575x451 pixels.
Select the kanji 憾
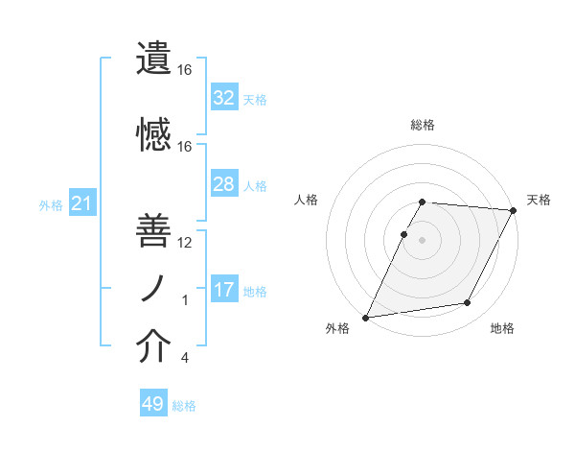pos(154,134)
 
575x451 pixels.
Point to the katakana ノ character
pos(154,289)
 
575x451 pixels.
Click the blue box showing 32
pos(223,98)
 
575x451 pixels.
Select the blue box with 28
pos(223,184)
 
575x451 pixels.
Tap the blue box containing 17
pos(223,290)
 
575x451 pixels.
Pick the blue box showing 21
pos(82,203)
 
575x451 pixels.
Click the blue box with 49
pos(153,404)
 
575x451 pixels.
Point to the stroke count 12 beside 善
pos(184,243)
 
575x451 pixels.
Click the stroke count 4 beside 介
pos(185,359)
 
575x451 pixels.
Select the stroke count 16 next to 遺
pos(184,70)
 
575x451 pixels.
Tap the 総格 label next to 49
pos(184,406)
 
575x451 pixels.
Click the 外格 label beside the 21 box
pos(51,205)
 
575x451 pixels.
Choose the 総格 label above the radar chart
pos(423,125)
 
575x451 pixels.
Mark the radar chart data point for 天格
pos(514,211)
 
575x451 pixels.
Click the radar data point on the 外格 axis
pos(365,318)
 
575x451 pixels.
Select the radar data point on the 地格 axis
pos(468,303)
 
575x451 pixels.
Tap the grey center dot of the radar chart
pos(423,240)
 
